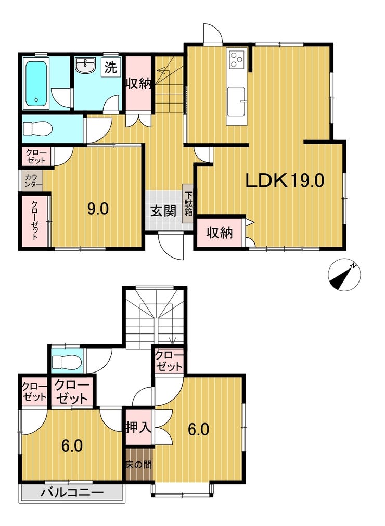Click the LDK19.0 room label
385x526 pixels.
coord(285,181)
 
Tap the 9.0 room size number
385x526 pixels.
coord(98,209)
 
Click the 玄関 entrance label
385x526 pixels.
coord(163,211)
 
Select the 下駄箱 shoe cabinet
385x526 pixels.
coord(187,203)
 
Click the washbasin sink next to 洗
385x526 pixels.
coord(86,65)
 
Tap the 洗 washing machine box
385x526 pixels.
coord(111,68)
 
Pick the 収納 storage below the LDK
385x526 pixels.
coord(220,232)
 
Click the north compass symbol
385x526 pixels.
coord(344,275)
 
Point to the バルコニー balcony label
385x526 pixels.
coord(72,493)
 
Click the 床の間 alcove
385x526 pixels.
coord(139,465)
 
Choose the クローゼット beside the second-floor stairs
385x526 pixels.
coord(169,361)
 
